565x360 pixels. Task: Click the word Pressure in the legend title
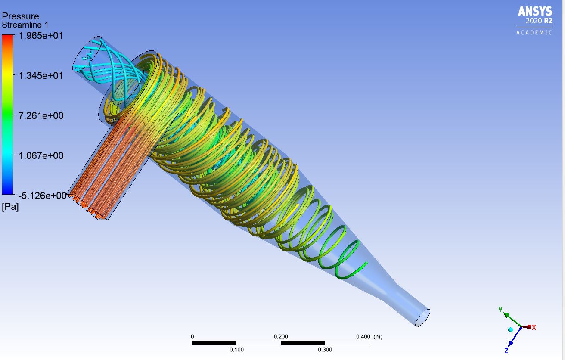21,16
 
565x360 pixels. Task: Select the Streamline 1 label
25,25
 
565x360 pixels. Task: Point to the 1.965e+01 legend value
41,36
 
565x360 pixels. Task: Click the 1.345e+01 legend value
41,76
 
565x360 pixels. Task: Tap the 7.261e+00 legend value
41,115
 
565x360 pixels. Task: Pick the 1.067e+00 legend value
41,155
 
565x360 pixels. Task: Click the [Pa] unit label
10,207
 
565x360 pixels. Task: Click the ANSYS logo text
535,11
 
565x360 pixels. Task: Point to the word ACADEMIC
534,33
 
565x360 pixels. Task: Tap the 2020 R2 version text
539,21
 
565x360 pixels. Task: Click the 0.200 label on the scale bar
281,337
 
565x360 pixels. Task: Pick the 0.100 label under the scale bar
236,350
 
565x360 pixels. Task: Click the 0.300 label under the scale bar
325,350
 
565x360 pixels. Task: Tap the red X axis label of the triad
534,327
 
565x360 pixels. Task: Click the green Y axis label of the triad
500,310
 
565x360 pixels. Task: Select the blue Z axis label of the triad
506,351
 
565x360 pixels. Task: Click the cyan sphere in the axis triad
511,330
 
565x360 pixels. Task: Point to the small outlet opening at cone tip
423,318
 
